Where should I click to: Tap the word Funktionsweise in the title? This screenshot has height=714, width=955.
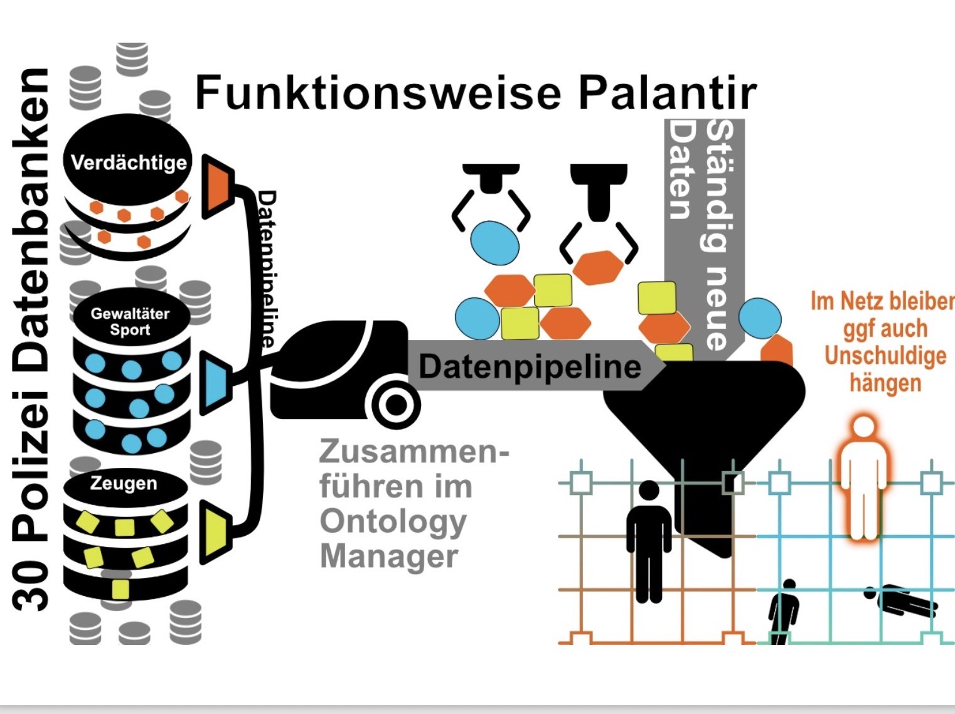378,93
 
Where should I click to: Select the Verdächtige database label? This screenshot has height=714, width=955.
129,163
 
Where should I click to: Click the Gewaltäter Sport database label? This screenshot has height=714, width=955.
130,321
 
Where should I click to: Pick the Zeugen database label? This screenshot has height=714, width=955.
124,483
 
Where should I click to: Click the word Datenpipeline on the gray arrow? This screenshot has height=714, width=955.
530,366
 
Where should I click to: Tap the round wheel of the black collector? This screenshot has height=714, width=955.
396,405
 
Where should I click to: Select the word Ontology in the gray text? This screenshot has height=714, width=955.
393,522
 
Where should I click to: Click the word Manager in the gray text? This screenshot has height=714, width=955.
389,557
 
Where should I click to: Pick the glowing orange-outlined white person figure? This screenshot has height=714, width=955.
864,478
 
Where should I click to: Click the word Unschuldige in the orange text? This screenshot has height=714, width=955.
885,355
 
